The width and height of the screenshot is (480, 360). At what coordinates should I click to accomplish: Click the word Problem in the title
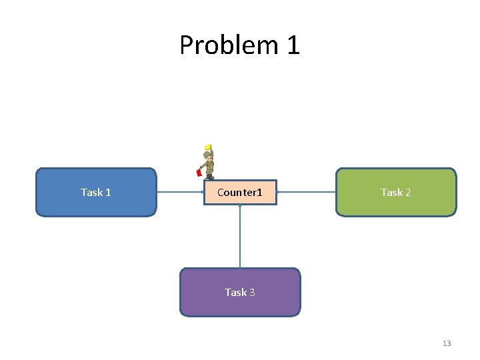pos(229,45)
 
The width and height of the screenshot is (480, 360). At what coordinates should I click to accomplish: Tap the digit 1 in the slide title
pos(293,45)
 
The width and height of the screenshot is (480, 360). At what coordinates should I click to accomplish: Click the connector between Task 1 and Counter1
pos(180,192)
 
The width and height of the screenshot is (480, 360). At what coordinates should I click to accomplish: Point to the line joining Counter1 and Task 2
pos(306,192)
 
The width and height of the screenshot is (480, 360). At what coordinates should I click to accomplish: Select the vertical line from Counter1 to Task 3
pos(240,237)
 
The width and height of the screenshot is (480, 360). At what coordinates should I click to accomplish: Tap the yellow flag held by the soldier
pos(208,147)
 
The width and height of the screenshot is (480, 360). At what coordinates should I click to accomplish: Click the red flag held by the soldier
pos(199,173)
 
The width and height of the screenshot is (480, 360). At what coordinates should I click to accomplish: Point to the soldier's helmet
pos(209,154)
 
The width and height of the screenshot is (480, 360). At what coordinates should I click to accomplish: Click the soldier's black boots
pos(210,177)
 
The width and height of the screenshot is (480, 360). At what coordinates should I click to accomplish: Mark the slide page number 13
pos(447,343)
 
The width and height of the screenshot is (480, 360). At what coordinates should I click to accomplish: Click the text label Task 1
pos(96,192)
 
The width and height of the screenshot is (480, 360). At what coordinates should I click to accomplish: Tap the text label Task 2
pos(396,192)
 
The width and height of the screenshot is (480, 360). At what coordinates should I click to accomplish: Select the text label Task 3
pos(240,292)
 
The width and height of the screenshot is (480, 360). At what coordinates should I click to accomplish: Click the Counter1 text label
pos(240,193)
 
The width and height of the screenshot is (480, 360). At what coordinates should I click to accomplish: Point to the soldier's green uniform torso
pos(209,165)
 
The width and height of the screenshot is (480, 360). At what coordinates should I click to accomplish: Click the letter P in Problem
pos(187,45)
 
